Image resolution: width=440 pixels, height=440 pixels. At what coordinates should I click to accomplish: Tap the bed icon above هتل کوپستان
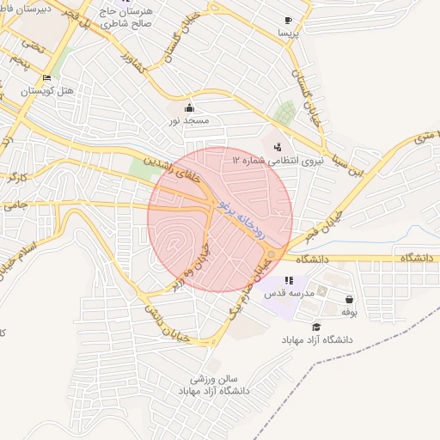click(46, 78)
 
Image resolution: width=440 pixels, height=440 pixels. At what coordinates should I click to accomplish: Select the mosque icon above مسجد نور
click(190, 108)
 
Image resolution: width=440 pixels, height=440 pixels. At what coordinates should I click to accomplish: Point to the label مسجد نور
click(190, 121)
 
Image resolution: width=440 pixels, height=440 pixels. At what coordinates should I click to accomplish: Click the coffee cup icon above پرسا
click(287, 20)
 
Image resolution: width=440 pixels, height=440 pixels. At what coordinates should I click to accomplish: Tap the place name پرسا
click(287, 33)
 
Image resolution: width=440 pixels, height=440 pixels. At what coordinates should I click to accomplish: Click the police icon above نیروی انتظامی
click(277, 147)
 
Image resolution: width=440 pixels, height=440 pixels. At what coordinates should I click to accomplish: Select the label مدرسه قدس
click(288, 293)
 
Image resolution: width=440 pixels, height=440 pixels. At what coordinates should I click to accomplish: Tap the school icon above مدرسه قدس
click(289, 280)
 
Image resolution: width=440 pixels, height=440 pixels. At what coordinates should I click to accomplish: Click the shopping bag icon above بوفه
click(349, 299)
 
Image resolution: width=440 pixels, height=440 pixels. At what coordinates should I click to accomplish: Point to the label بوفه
click(349, 312)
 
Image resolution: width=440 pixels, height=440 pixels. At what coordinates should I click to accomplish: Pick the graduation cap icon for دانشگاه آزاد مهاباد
click(316, 327)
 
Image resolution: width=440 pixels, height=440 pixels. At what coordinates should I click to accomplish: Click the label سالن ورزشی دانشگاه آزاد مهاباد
click(213, 384)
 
